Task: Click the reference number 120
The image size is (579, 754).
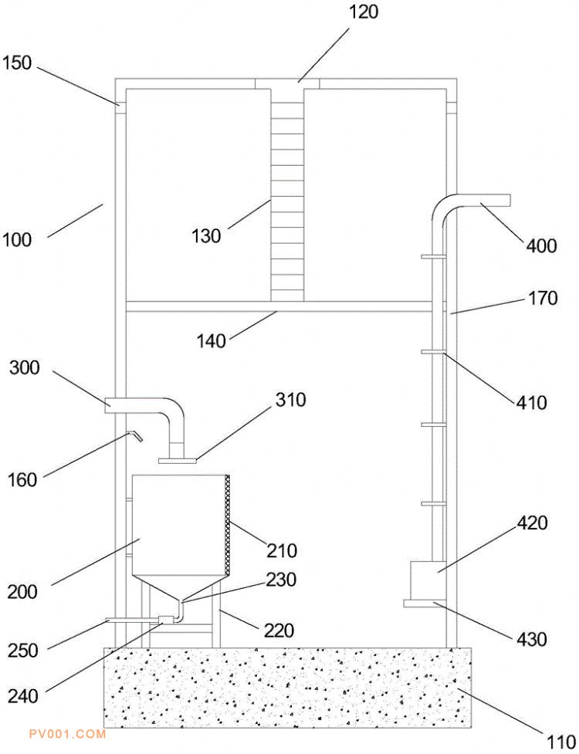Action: click(363, 12)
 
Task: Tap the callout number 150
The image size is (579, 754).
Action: click(17, 63)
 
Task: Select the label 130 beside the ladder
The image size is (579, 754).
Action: click(206, 236)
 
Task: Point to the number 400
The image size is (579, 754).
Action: click(541, 246)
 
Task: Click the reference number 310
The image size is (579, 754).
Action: click(290, 400)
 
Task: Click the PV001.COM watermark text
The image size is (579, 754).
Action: click(66, 734)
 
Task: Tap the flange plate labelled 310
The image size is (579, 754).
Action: click(178, 461)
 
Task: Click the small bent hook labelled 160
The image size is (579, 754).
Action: click(134, 436)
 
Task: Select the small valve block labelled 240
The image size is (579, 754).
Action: click(165, 619)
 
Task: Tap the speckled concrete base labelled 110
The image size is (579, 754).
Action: click(286, 687)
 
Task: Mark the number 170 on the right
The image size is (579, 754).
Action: click(543, 298)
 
